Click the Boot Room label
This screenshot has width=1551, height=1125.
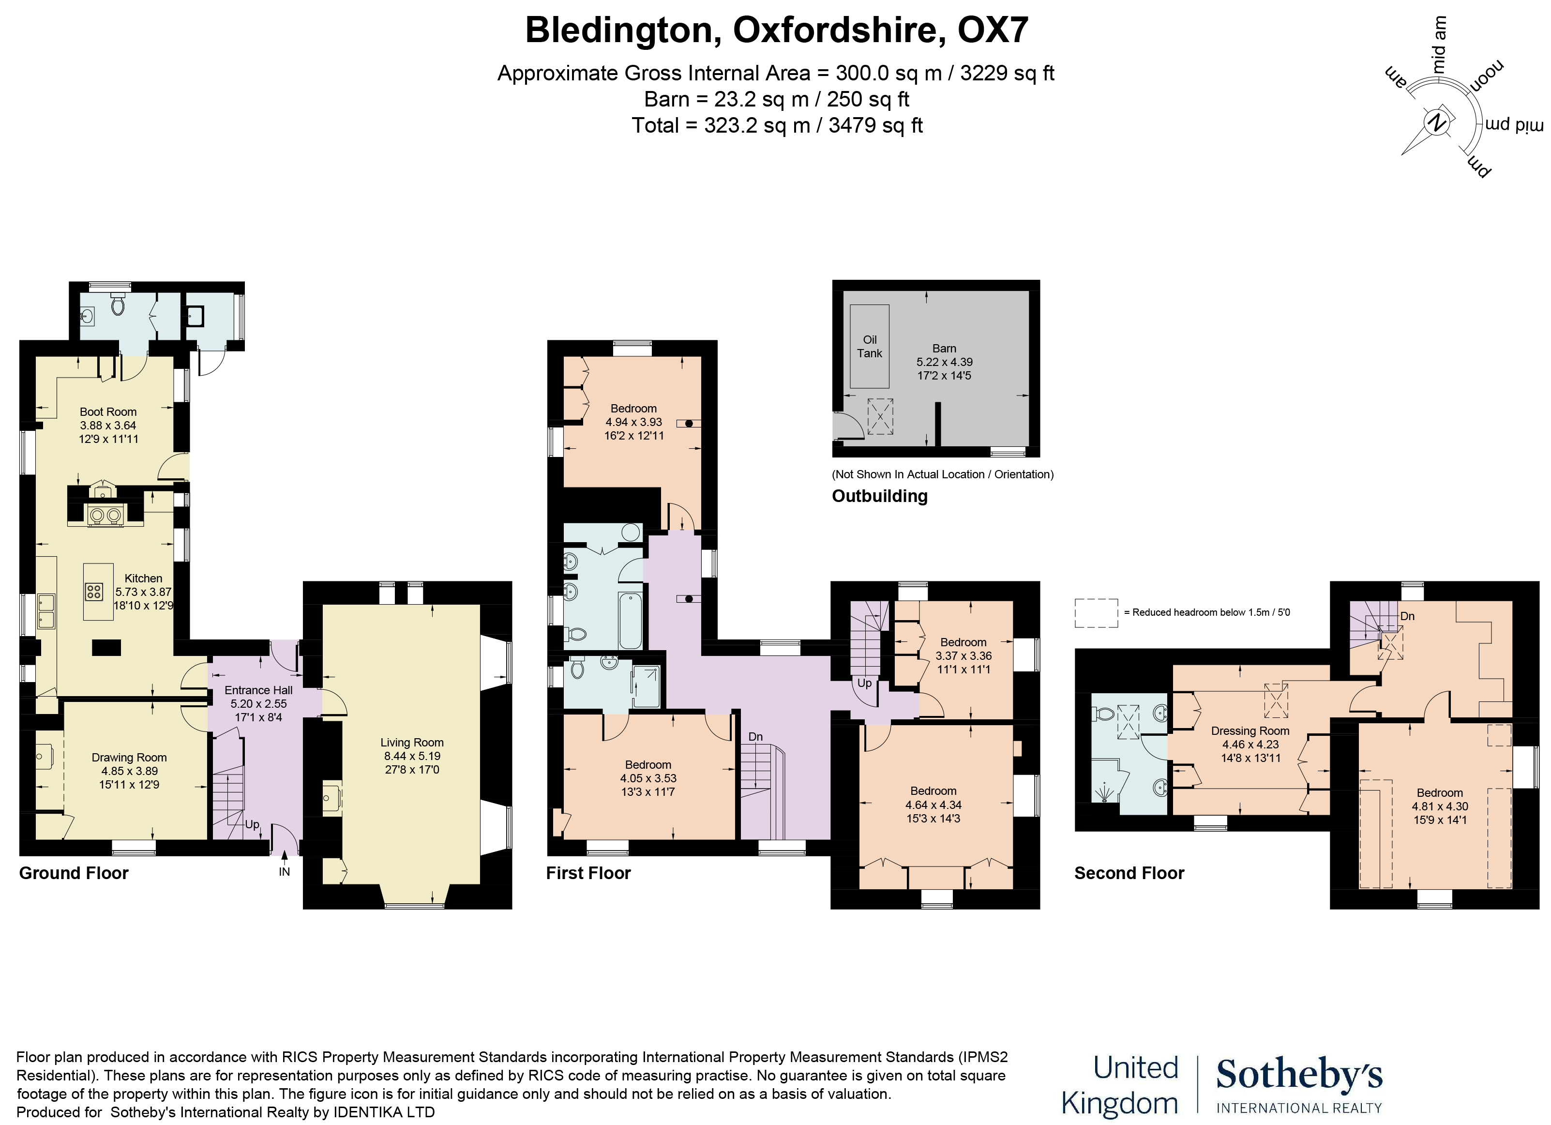tap(108, 411)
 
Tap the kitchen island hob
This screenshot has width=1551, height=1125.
tap(94, 592)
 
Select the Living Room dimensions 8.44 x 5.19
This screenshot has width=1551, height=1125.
tap(412, 756)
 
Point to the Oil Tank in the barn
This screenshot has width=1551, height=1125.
tap(869, 346)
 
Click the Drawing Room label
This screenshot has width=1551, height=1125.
tap(129, 757)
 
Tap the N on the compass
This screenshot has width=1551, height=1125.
tap(1437, 124)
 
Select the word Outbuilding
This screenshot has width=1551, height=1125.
tap(879, 496)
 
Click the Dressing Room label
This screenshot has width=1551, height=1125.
tap(1250, 730)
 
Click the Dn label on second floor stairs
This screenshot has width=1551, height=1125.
tap(1407, 616)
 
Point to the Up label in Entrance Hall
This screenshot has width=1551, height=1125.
tap(252, 824)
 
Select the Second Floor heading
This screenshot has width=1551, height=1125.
tap(1129, 873)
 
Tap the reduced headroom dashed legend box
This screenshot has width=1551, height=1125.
tap(1096, 613)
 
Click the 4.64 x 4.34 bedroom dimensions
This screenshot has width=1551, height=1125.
tap(933, 805)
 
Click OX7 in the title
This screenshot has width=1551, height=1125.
tap(993, 30)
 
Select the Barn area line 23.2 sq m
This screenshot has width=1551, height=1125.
tap(776, 99)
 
